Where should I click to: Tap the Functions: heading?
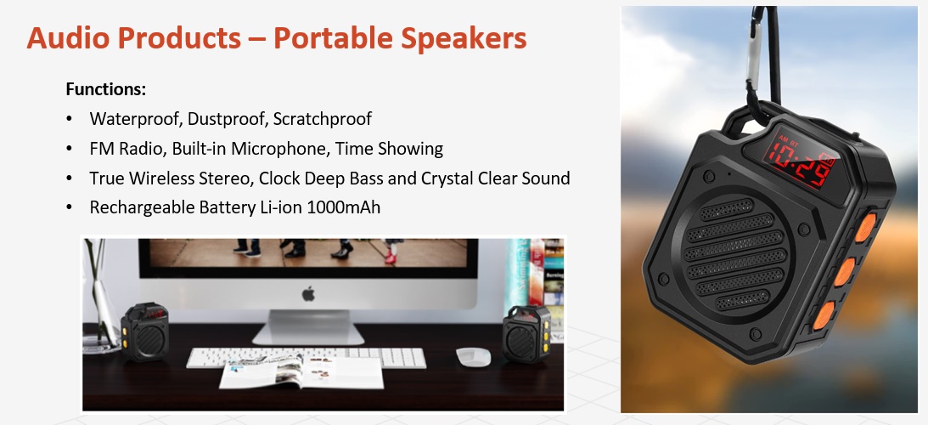click(x=106, y=89)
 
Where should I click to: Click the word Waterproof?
click(x=136, y=118)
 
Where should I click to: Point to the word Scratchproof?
click(x=323, y=118)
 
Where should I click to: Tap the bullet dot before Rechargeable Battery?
click(x=70, y=207)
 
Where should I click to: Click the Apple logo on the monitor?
click(x=308, y=293)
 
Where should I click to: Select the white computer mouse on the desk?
click(x=474, y=356)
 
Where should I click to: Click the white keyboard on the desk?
click(x=306, y=358)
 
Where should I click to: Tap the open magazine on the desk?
click(x=302, y=371)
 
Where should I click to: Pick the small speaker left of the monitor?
click(x=144, y=332)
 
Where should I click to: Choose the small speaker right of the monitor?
click(x=526, y=334)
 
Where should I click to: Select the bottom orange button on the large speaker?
click(x=824, y=315)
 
